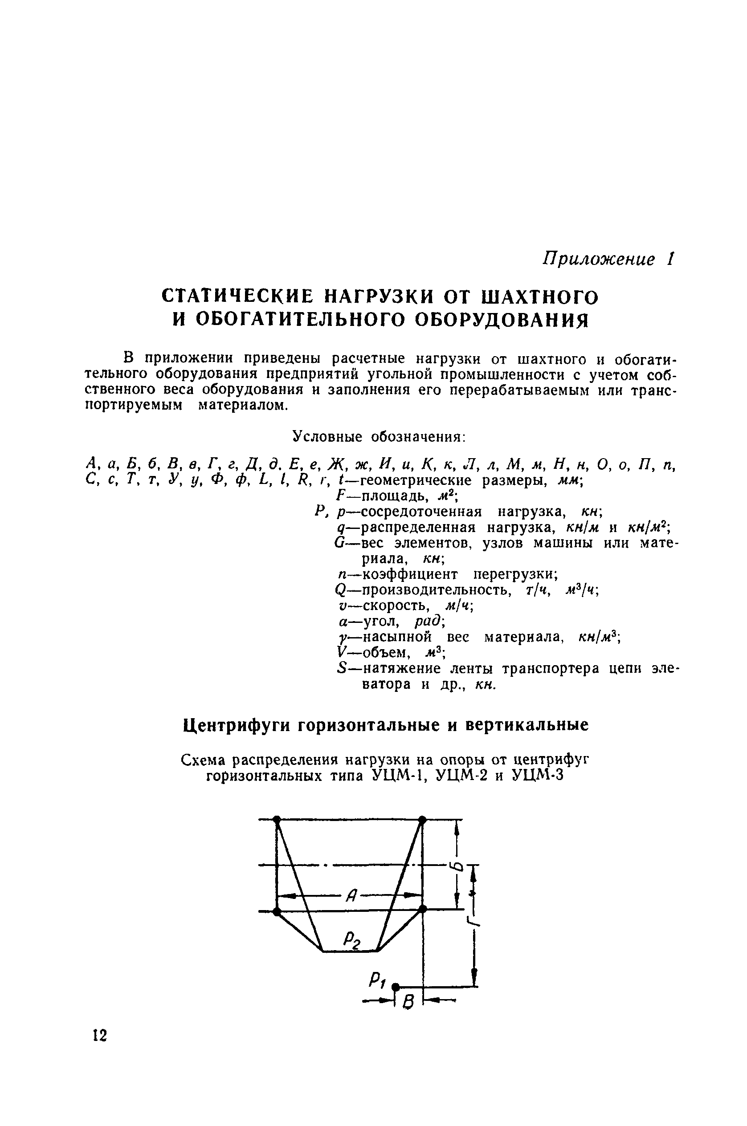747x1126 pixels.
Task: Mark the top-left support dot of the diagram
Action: (277, 819)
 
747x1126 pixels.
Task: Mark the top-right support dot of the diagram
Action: (422, 819)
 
